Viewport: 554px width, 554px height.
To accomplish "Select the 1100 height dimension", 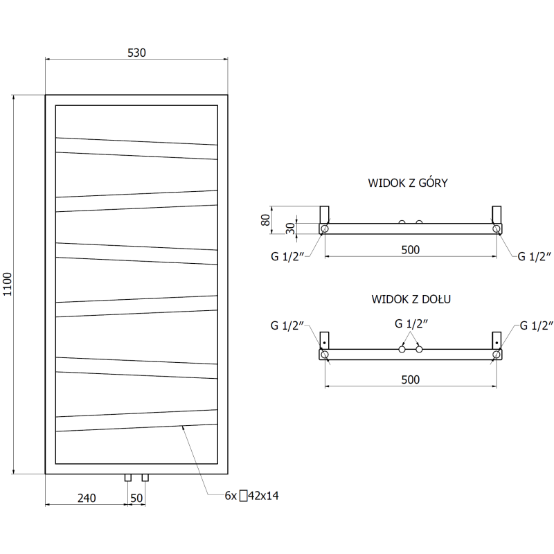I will point(8,284).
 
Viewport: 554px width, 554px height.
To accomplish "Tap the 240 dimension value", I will point(86,498).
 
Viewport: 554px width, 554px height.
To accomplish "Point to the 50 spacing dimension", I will point(136,498).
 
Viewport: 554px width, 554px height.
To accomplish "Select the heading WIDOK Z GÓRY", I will point(409,184).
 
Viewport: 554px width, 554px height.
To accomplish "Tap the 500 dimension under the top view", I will point(410,250).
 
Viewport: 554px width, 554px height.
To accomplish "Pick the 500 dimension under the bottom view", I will point(410,379).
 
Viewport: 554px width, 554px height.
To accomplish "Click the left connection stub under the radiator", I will point(128,478).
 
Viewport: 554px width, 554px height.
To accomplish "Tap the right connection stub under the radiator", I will point(145,478).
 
